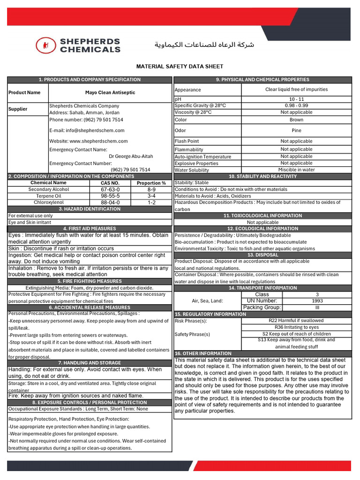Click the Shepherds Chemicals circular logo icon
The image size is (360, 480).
click(x=45, y=45)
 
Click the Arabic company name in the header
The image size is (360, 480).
click(x=204, y=45)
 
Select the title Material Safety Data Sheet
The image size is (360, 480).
click(x=180, y=67)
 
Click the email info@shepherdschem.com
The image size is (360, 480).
click(x=87, y=130)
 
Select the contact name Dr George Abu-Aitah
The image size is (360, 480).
click(x=131, y=156)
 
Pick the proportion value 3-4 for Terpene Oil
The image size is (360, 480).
click(x=151, y=196)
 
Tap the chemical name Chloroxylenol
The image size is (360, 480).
click(x=48, y=202)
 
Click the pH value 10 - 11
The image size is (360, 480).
click(x=296, y=99)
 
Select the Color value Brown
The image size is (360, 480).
click(x=296, y=119)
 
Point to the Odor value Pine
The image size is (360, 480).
click(x=296, y=130)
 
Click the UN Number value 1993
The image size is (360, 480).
click(x=317, y=301)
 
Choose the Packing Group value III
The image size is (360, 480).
click(x=317, y=307)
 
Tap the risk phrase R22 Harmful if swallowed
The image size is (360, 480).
click(x=296, y=321)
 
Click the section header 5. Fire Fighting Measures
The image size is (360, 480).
click(x=90, y=281)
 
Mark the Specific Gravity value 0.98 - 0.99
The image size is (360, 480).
click(x=296, y=105)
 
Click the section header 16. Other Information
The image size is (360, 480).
click(x=203, y=353)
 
